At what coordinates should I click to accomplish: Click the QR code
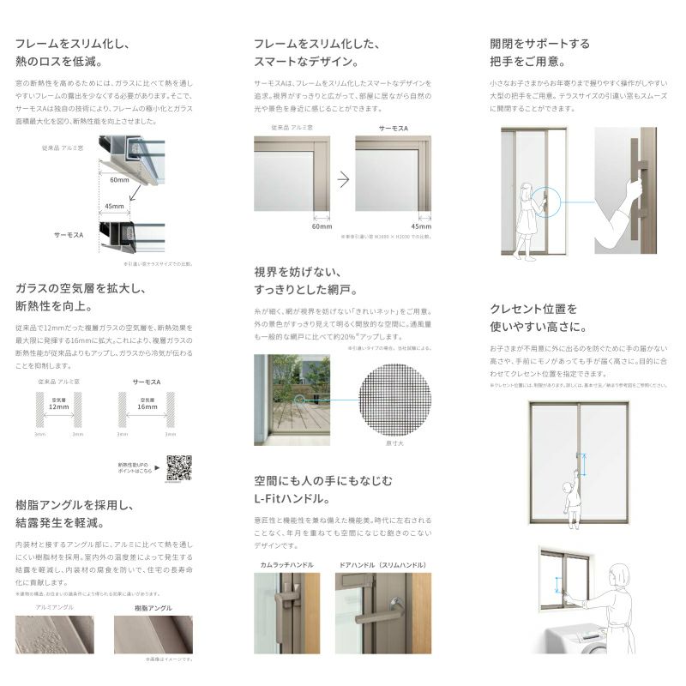click(178, 467)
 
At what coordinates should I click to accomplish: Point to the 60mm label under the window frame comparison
click(322, 226)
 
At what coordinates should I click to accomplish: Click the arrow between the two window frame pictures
click(343, 179)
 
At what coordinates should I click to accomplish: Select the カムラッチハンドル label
click(287, 565)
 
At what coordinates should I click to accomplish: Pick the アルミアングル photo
click(55, 635)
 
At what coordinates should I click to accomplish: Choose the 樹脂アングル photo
click(153, 635)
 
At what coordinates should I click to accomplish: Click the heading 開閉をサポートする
click(540, 43)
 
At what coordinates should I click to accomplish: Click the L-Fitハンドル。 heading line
click(292, 497)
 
